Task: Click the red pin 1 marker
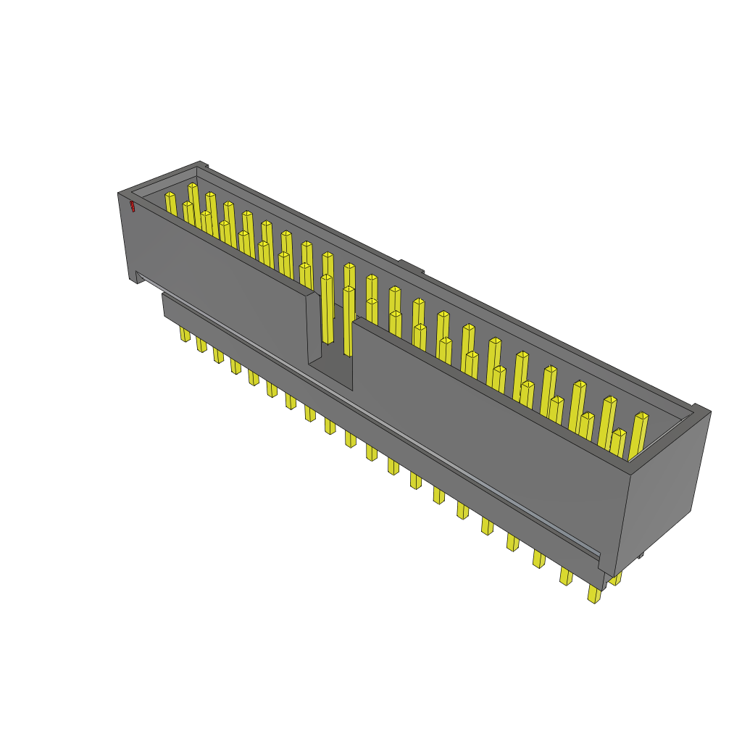coord(133,207)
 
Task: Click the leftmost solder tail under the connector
coord(185,334)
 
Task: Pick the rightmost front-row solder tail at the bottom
coord(594,594)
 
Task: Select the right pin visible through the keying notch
coord(349,319)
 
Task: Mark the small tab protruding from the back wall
coord(411,267)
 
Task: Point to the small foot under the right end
coord(639,555)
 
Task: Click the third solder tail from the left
coord(218,355)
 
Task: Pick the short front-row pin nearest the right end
coord(617,443)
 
